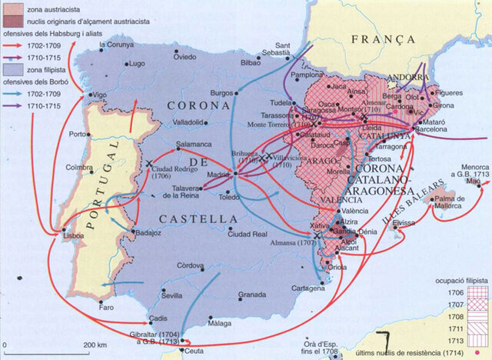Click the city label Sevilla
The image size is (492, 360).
tap(171, 295)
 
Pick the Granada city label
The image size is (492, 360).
tap(251, 295)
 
